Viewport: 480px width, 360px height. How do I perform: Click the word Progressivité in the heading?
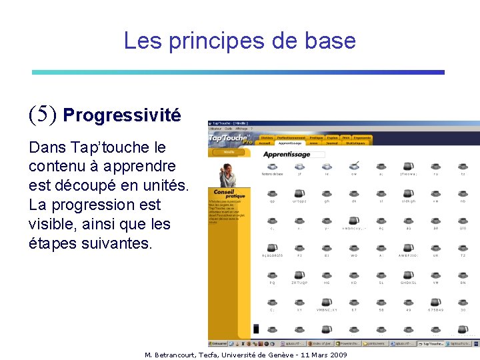click(121, 115)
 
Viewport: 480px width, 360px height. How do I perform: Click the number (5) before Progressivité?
click(43, 115)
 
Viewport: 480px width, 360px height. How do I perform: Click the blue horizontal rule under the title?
click(238, 72)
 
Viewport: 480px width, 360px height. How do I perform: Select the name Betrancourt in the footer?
click(179, 355)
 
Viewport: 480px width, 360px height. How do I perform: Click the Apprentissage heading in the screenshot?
click(287, 154)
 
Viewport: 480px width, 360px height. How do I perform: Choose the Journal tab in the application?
click(331, 143)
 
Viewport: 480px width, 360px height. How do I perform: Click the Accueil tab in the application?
click(265, 143)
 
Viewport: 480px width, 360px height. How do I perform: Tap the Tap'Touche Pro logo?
click(230, 138)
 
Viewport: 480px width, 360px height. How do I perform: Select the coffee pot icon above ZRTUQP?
click(299, 274)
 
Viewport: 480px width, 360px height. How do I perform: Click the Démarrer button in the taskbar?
click(219, 343)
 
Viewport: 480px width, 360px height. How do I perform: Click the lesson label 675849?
click(435, 309)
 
